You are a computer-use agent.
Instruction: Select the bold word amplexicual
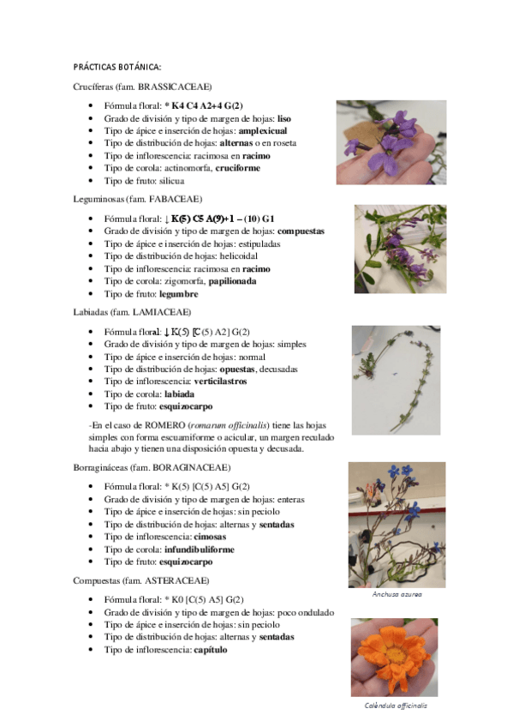tap(263, 130)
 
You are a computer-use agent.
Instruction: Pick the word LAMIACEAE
tap(162, 311)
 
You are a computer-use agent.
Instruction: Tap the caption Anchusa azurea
tap(397, 593)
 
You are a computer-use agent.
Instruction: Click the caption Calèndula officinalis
tap(396, 706)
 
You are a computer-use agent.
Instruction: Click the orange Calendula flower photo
tap(394, 657)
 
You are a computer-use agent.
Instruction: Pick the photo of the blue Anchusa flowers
tap(397, 524)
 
